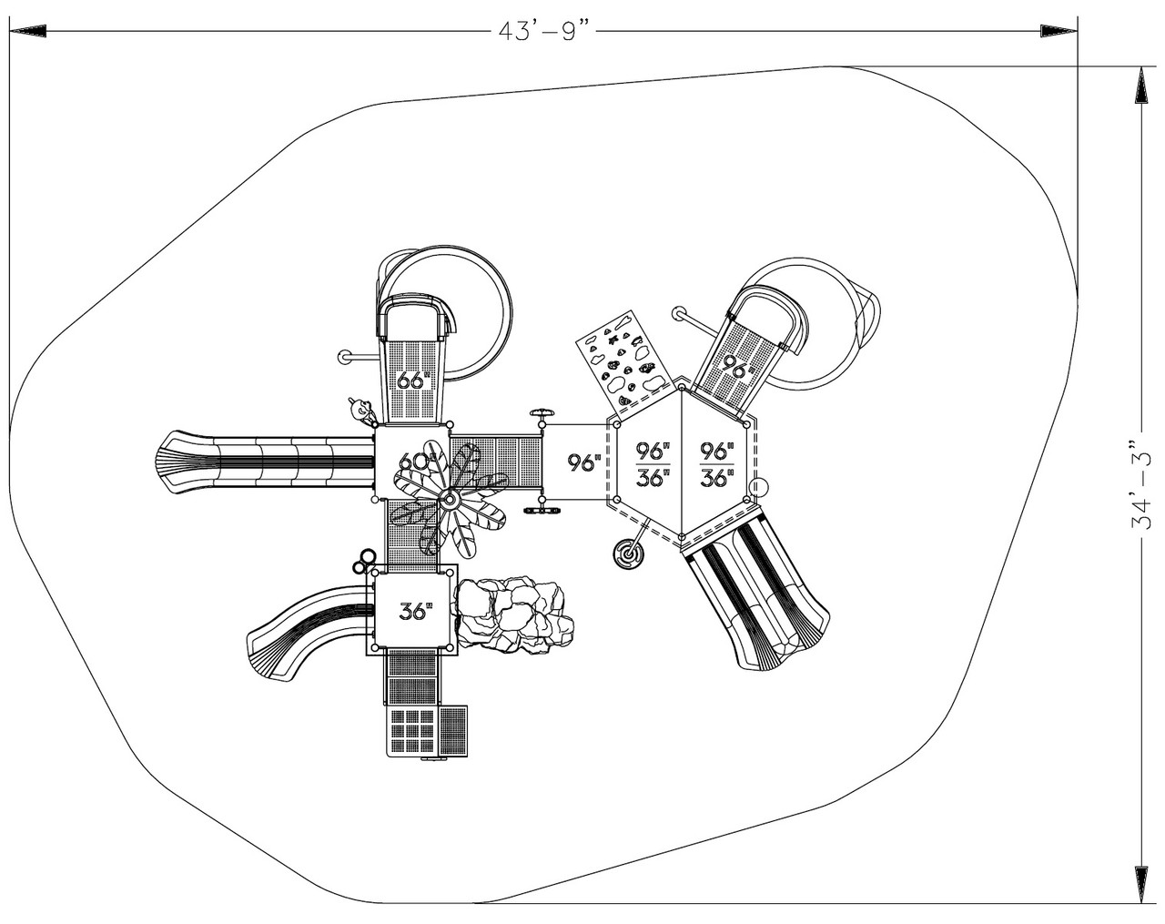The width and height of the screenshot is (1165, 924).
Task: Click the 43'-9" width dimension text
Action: point(544,31)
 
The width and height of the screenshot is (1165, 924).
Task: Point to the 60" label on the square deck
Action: point(410,462)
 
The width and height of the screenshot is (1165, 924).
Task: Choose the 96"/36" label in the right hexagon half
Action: point(717,462)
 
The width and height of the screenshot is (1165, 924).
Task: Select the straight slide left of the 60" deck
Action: point(264,462)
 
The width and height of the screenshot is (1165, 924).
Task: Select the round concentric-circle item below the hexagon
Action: point(627,553)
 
